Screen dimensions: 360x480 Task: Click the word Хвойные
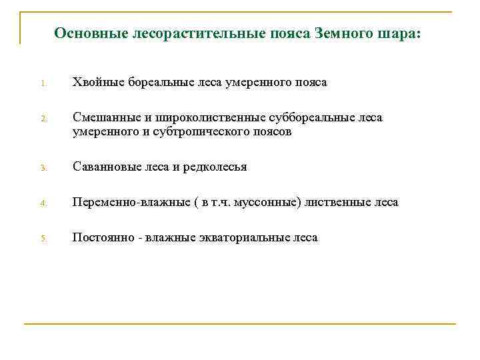click(x=96, y=83)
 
